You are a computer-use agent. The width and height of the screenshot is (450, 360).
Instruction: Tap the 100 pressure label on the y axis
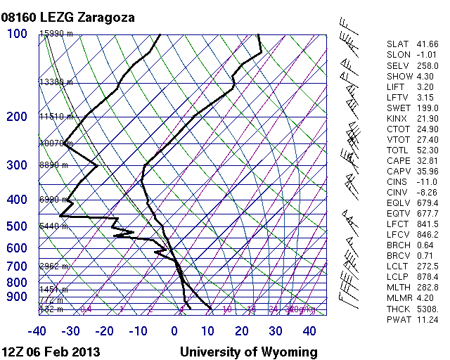(17, 34)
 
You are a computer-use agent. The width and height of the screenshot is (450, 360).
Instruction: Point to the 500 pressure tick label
(17, 226)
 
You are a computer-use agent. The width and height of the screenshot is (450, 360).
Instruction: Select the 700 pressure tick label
(17, 266)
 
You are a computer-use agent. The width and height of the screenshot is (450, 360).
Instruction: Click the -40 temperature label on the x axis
(37, 331)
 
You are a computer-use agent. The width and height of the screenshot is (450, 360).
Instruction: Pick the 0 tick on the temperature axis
(174, 331)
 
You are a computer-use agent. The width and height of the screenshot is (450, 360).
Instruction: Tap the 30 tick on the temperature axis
(276, 331)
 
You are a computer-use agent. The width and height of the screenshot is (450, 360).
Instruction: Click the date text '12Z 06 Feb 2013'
(51, 352)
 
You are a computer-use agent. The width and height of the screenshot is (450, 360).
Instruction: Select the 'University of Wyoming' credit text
(248, 352)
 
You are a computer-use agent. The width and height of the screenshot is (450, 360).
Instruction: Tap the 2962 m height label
(53, 266)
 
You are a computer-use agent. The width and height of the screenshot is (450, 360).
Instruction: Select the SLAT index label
(397, 44)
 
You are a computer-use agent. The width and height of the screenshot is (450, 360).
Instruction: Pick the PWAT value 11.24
(427, 319)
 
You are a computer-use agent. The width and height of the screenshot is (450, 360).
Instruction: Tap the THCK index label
(397, 309)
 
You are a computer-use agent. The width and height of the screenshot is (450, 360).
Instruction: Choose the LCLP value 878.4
(427, 277)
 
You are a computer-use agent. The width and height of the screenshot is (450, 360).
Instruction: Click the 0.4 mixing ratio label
(86, 309)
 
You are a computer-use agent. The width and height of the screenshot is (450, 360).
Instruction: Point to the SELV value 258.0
(427, 65)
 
